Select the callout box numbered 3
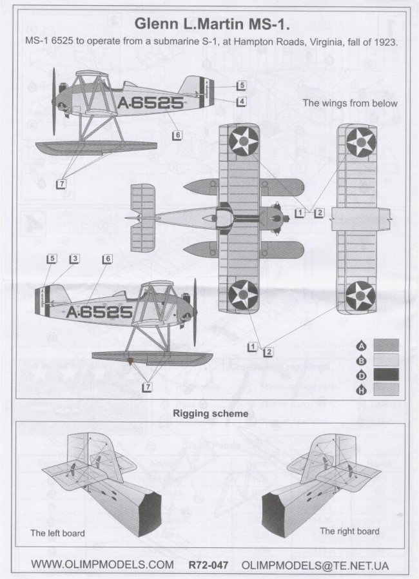point(75,259)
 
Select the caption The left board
point(57,533)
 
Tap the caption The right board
point(349,531)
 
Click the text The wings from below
point(350,103)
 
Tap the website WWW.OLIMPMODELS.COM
point(102,565)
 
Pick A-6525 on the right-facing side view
point(99,312)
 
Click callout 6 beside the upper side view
point(177,135)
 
